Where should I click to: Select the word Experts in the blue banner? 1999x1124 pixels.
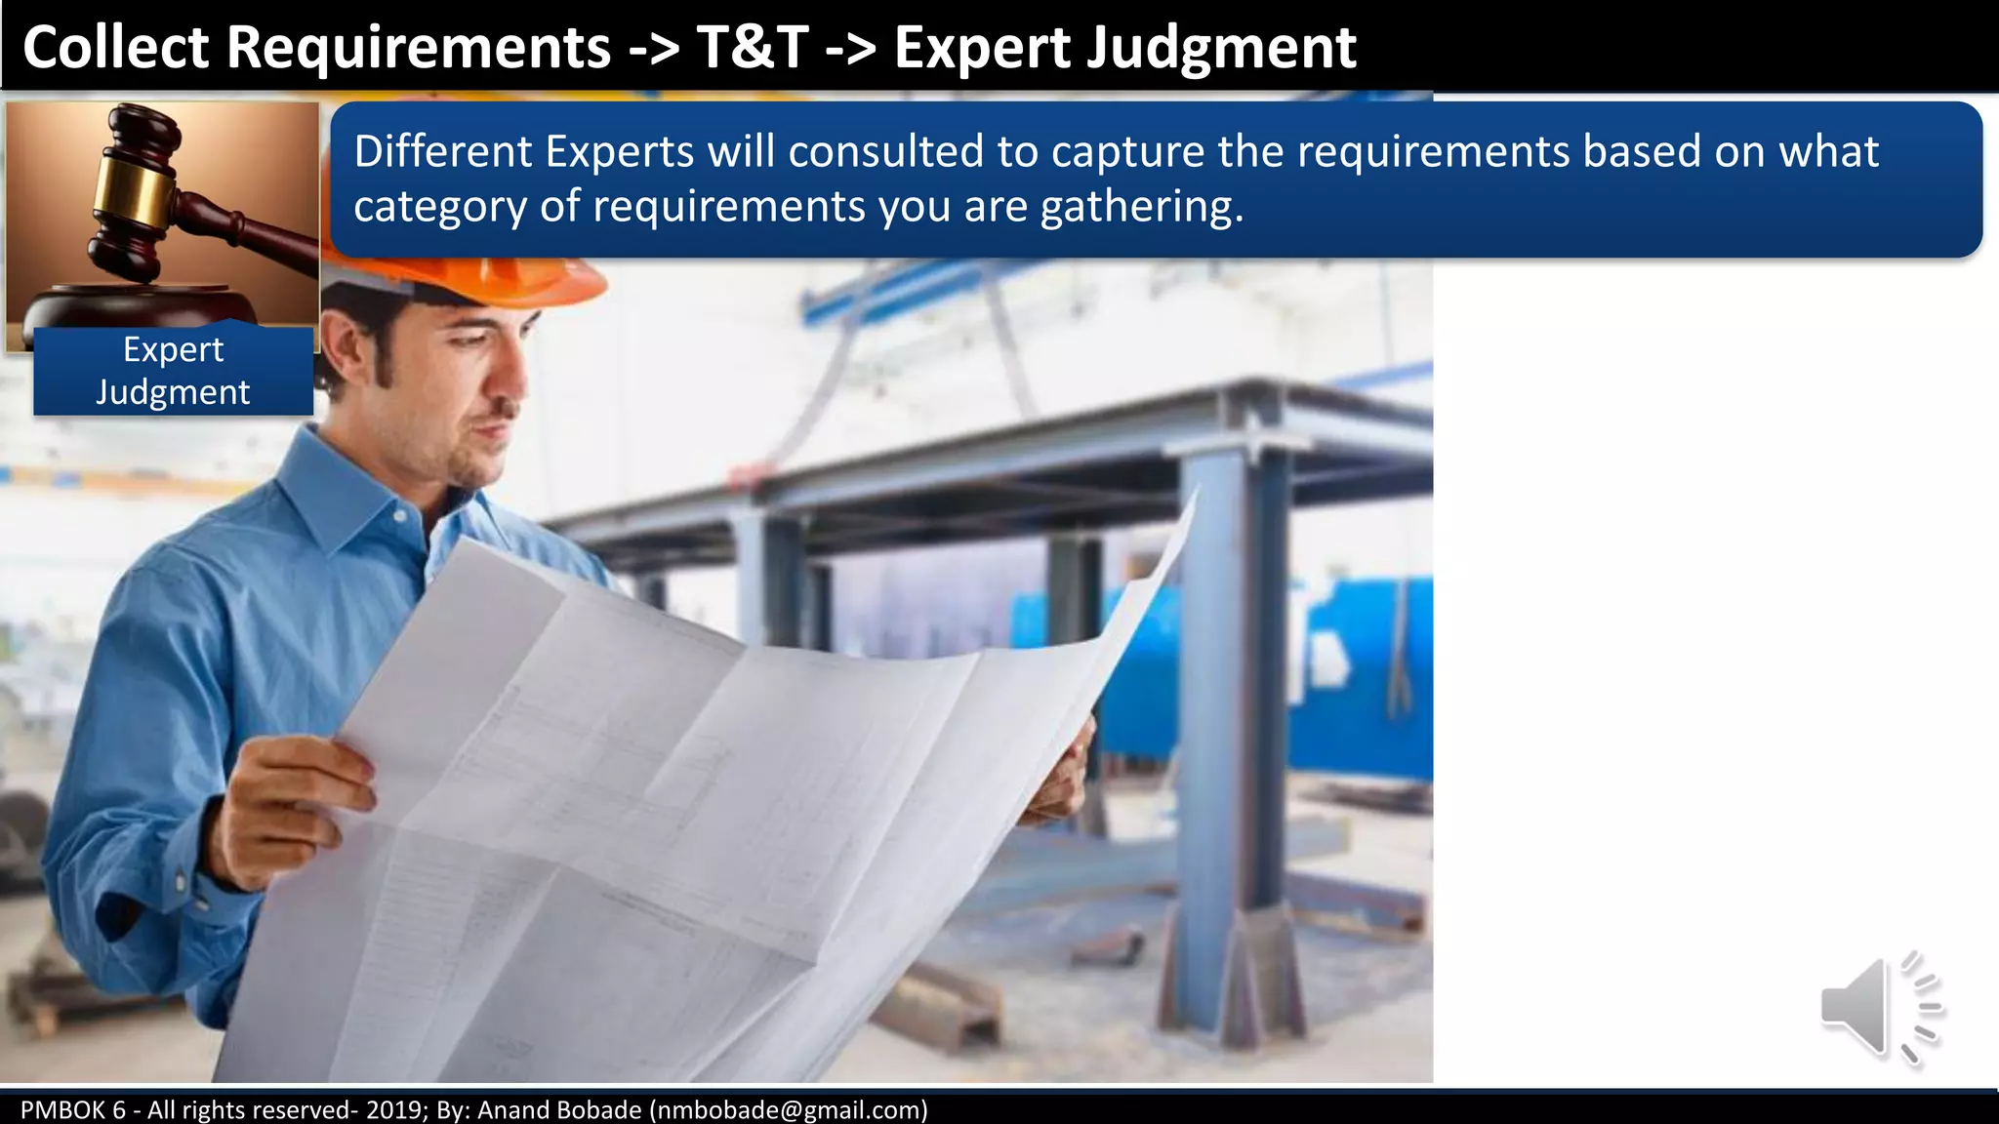[619, 152]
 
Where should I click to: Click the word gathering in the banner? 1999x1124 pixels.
[1142, 207]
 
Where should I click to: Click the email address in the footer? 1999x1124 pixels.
[789, 1109]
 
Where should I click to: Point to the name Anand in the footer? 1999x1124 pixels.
[512, 1109]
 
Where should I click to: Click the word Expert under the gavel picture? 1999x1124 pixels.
[173, 349]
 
